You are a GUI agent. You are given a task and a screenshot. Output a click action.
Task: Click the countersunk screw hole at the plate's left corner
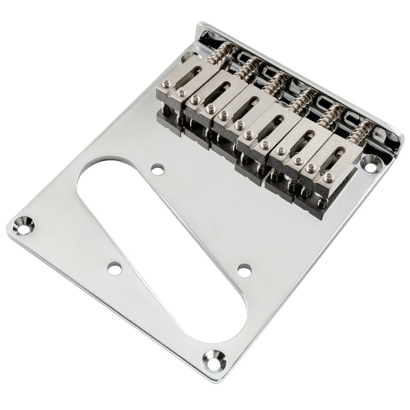(x=22, y=227)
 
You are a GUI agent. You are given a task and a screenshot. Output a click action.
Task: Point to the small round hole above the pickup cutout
(x=157, y=169)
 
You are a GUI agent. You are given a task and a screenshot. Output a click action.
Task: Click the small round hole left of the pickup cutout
(x=114, y=269)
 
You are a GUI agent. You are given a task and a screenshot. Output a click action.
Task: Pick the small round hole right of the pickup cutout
(x=244, y=270)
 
